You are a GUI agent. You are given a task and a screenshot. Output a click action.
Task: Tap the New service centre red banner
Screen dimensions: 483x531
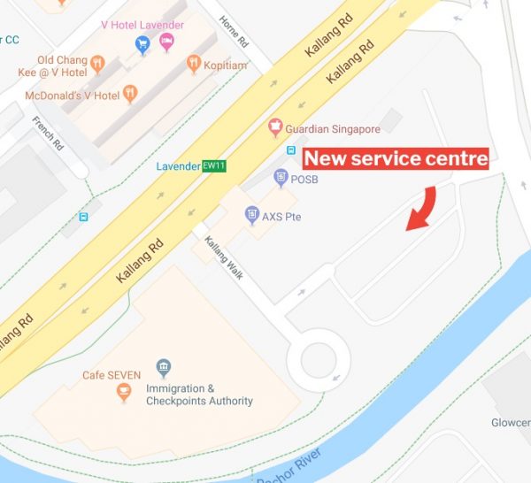pyautogui.click(x=396, y=159)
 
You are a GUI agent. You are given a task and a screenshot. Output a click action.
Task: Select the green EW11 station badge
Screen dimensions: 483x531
pyautogui.click(x=213, y=165)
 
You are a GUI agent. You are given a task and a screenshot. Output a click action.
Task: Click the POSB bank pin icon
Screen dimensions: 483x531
pyautogui.click(x=281, y=177)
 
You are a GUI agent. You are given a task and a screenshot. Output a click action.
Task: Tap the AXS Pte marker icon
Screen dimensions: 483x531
pyautogui.click(x=252, y=215)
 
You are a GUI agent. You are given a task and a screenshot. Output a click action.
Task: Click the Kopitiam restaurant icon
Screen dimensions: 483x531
pyautogui.click(x=194, y=64)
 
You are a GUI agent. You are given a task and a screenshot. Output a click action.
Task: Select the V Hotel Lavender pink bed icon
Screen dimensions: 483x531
pyautogui.click(x=166, y=42)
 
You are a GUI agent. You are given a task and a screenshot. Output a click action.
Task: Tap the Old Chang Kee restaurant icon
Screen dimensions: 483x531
pyautogui.click(x=97, y=64)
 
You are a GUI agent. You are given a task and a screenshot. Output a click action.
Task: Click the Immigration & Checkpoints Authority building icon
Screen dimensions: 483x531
pyautogui.click(x=163, y=368)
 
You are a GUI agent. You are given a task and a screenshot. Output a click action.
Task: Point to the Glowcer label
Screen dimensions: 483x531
pyautogui.click(x=511, y=423)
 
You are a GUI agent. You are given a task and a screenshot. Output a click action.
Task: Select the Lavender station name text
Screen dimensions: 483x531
pyautogui.click(x=178, y=165)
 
